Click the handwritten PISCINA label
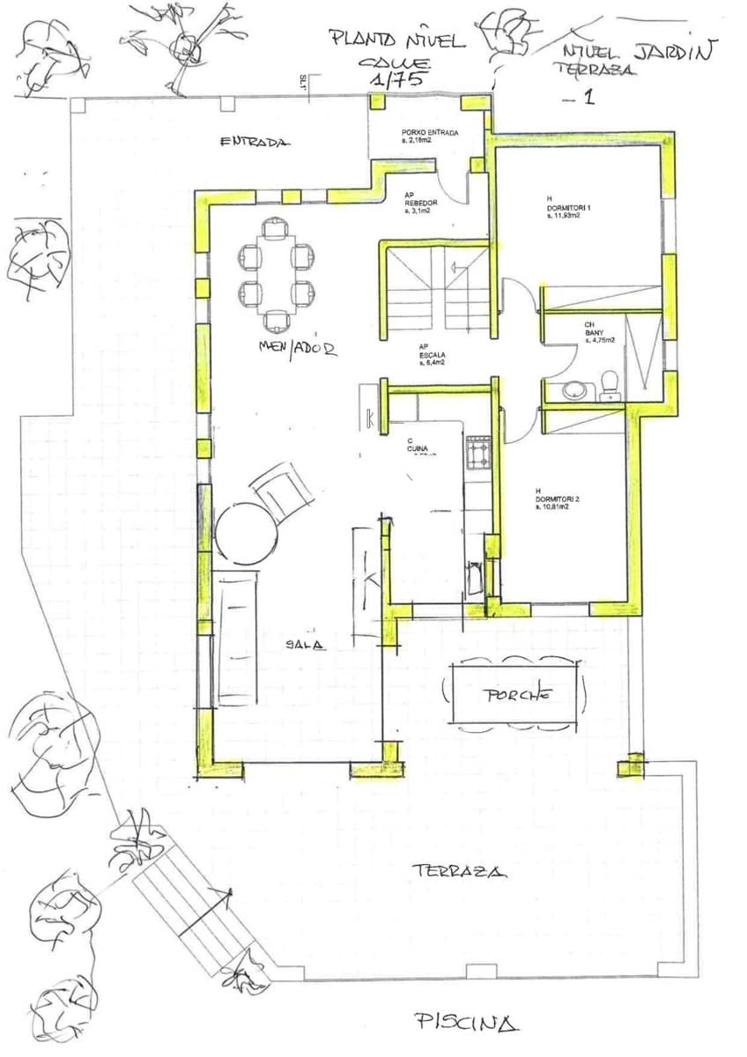point(466,1023)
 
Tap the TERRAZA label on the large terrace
point(459,871)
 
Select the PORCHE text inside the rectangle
point(518,694)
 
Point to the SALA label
point(305,645)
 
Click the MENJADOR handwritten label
point(298,348)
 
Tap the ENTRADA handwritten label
point(255,142)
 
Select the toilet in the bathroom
point(609,385)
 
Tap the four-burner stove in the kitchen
point(479,455)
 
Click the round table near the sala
point(247,534)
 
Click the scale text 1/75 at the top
point(394,79)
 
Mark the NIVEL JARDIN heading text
point(640,51)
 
